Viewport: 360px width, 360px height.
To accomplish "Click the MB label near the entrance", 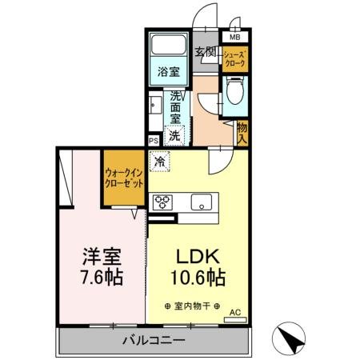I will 234,38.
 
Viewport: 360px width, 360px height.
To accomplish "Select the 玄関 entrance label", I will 206,53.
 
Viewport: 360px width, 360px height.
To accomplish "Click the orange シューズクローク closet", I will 235,58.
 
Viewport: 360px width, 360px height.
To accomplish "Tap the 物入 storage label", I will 242,133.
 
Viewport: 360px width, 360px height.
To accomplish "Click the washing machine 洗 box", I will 175,136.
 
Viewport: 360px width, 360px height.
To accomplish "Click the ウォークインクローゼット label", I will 123,178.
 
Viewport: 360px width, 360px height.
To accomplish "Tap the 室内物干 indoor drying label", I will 196,306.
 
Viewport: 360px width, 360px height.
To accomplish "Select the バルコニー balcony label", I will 154,341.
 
